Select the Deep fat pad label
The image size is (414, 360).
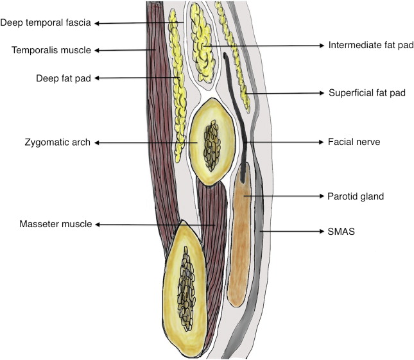point(64,78)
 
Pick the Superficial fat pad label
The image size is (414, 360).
point(367,93)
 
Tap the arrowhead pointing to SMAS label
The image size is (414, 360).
point(321,231)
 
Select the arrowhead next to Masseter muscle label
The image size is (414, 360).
point(98,225)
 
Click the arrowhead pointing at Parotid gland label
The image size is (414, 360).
point(321,196)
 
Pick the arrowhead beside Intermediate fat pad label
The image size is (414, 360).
point(321,46)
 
